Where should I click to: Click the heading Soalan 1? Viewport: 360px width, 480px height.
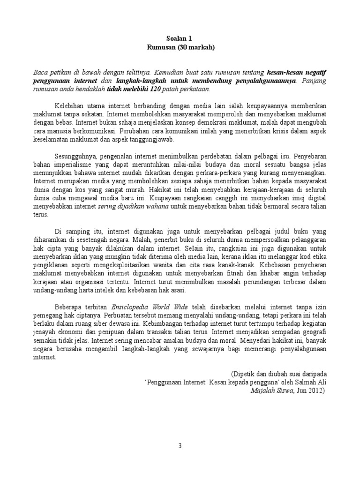coord(180,38)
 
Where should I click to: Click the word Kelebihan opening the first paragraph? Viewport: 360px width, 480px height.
coord(71,106)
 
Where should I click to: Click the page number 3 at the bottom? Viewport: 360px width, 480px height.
coord(180,445)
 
